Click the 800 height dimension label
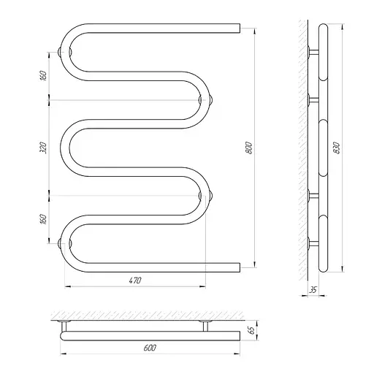tap(249, 148)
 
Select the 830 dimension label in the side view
tap(337, 148)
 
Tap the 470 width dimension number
tap(135, 280)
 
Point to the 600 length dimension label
tap(150, 348)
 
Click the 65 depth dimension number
tap(251, 330)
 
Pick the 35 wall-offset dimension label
tap(313, 290)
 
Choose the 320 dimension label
tap(43, 148)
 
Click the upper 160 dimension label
tap(43, 76)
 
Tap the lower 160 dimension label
tap(43, 219)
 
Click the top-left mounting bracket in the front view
tap(65, 52)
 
